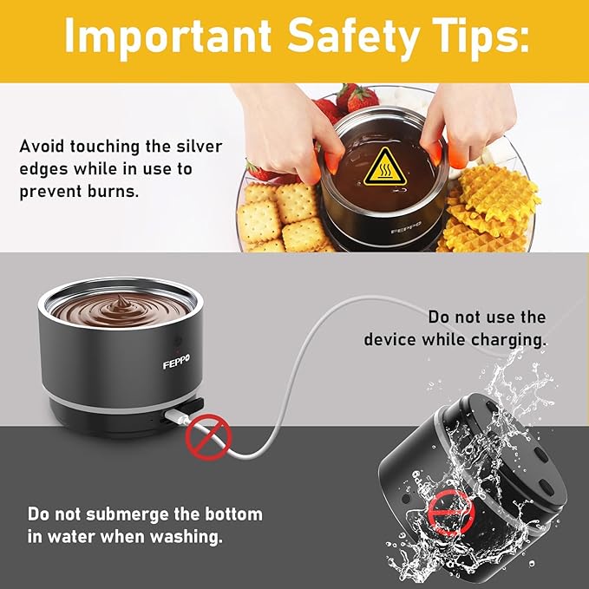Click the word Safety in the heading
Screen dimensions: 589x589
click(353, 36)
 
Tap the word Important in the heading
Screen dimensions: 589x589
click(168, 35)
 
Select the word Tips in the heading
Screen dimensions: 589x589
click(481, 36)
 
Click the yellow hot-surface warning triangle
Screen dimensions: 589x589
click(385, 167)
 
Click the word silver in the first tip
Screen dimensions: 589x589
click(200, 146)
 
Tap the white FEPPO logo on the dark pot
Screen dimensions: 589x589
click(176, 362)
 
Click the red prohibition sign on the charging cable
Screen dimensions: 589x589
click(208, 437)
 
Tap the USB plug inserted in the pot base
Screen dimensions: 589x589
click(177, 416)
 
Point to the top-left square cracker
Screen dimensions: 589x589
click(259, 193)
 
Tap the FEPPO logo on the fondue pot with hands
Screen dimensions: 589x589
click(406, 228)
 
